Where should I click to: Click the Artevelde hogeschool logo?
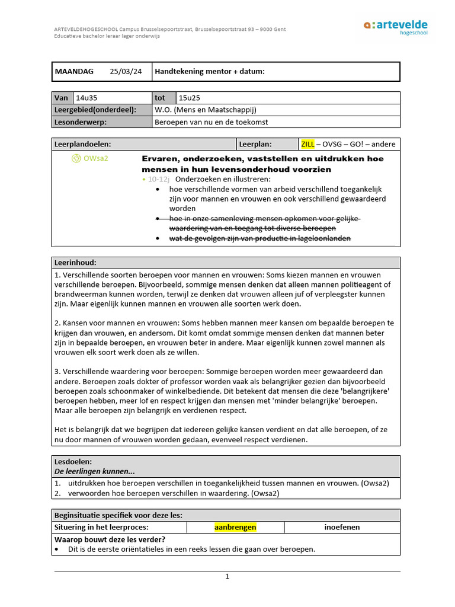(395, 27)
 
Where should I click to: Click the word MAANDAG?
(74, 72)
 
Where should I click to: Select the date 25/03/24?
(126, 72)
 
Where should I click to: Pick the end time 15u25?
(190, 98)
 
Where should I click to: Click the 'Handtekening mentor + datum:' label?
(209, 72)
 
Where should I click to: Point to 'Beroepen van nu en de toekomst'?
(211, 122)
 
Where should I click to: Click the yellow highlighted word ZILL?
(307, 144)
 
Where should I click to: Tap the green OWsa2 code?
(95, 158)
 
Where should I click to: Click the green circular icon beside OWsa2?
(76, 158)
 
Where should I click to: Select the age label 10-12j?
(158, 179)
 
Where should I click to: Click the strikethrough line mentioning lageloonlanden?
(260, 238)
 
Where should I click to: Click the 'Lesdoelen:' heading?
(73, 461)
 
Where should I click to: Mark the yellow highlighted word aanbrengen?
(235, 527)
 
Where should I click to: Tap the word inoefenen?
(342, 527)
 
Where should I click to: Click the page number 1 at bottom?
(227, 576)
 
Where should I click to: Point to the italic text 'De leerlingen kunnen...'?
(94, 471)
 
